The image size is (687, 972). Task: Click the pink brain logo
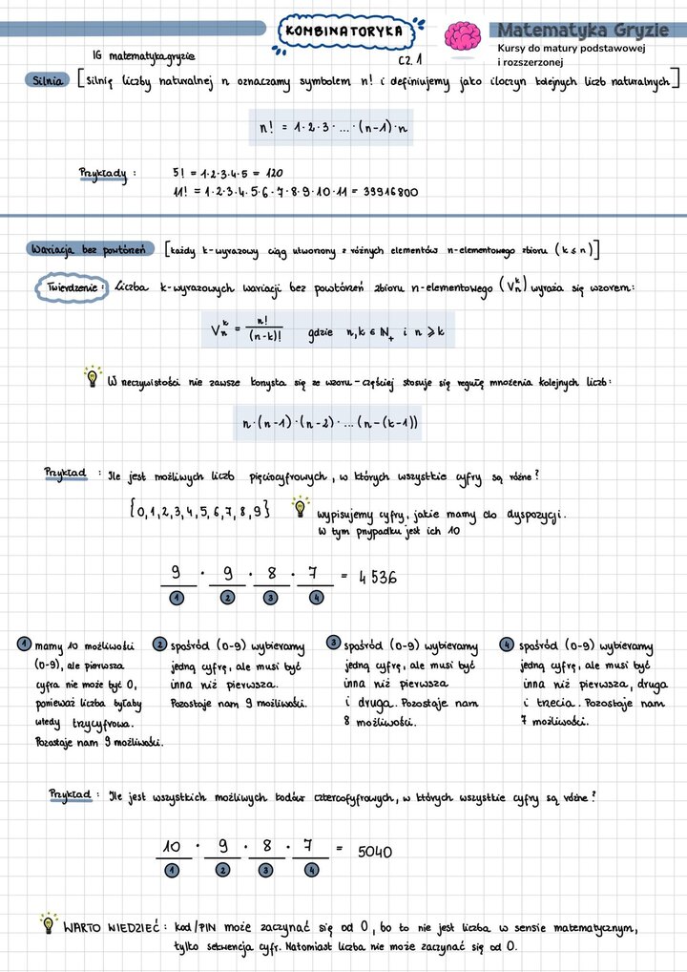[464, 37]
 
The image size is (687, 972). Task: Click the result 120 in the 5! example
[274, 174]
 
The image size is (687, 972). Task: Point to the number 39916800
[390, 192]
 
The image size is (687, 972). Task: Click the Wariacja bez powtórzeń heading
[86, 249]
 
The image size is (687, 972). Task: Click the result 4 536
[378, 578]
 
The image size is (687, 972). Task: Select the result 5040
[375, 851]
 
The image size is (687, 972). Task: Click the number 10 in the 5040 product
[172, 846]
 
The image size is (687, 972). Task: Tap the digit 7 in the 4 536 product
[314, 574]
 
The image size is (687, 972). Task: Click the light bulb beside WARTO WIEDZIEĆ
[48, 922]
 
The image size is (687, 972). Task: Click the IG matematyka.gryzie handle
[145, 57]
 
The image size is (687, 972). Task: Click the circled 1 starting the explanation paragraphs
[23, 644]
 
